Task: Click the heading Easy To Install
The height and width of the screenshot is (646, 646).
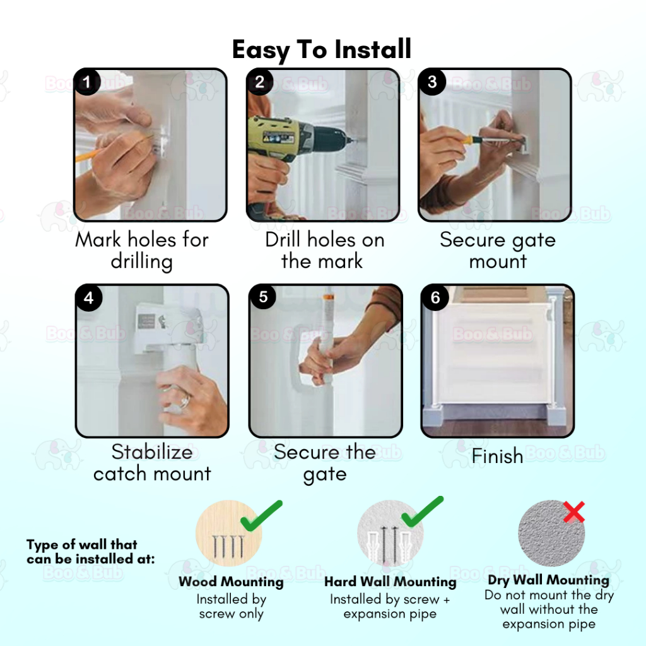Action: click(x=322, y=50)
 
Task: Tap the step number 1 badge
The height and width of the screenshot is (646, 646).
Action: click(x=87, y=81)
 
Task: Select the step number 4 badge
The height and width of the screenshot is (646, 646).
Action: click(x=89, y=298)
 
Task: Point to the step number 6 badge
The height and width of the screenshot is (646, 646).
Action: click(x=435, y=298)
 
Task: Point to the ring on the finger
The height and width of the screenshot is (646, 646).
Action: click(x=185, y=399)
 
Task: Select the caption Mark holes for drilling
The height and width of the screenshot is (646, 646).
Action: click(x=142, y=250)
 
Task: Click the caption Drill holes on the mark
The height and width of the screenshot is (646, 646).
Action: click(x=324, y=250)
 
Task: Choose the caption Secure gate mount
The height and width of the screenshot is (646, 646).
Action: click(x=498, y=250)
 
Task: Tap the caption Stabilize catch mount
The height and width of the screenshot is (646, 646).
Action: click(x=152, y=462)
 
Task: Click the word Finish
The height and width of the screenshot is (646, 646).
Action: click(x=497, y=456)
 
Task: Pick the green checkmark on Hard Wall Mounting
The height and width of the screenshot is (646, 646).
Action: click(x=422, y=512)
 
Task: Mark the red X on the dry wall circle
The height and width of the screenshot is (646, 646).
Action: click(x=574, y=512)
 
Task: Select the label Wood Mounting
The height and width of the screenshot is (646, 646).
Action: click(x=231, y=582)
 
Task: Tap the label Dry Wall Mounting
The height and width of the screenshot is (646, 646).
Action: click(x=548, y=580)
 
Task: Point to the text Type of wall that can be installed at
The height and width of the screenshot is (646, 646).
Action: click(x=91, y=551)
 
